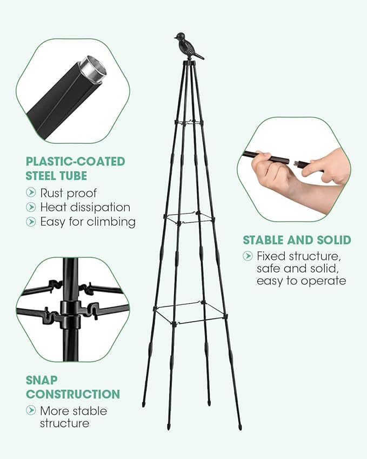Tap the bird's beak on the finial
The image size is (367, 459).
pos(175,37)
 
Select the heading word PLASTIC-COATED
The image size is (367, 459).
pos(76,161)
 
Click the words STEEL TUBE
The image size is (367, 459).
pos(56,176)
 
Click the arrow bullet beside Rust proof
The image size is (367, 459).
pos(31,192)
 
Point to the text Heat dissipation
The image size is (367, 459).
pos(85,207)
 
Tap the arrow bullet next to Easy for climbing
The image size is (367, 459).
pos(31,221)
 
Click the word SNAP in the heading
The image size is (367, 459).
pos(41,380)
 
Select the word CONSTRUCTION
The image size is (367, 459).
pos(73,394)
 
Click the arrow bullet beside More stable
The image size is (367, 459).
pos(31,410)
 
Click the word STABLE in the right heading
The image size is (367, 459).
pos(263,240)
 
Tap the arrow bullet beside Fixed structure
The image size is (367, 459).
pos(248,256)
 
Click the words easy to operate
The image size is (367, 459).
pos(302,281)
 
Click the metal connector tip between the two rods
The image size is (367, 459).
pos(297,162)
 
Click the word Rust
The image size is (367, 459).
pos(51,193)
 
